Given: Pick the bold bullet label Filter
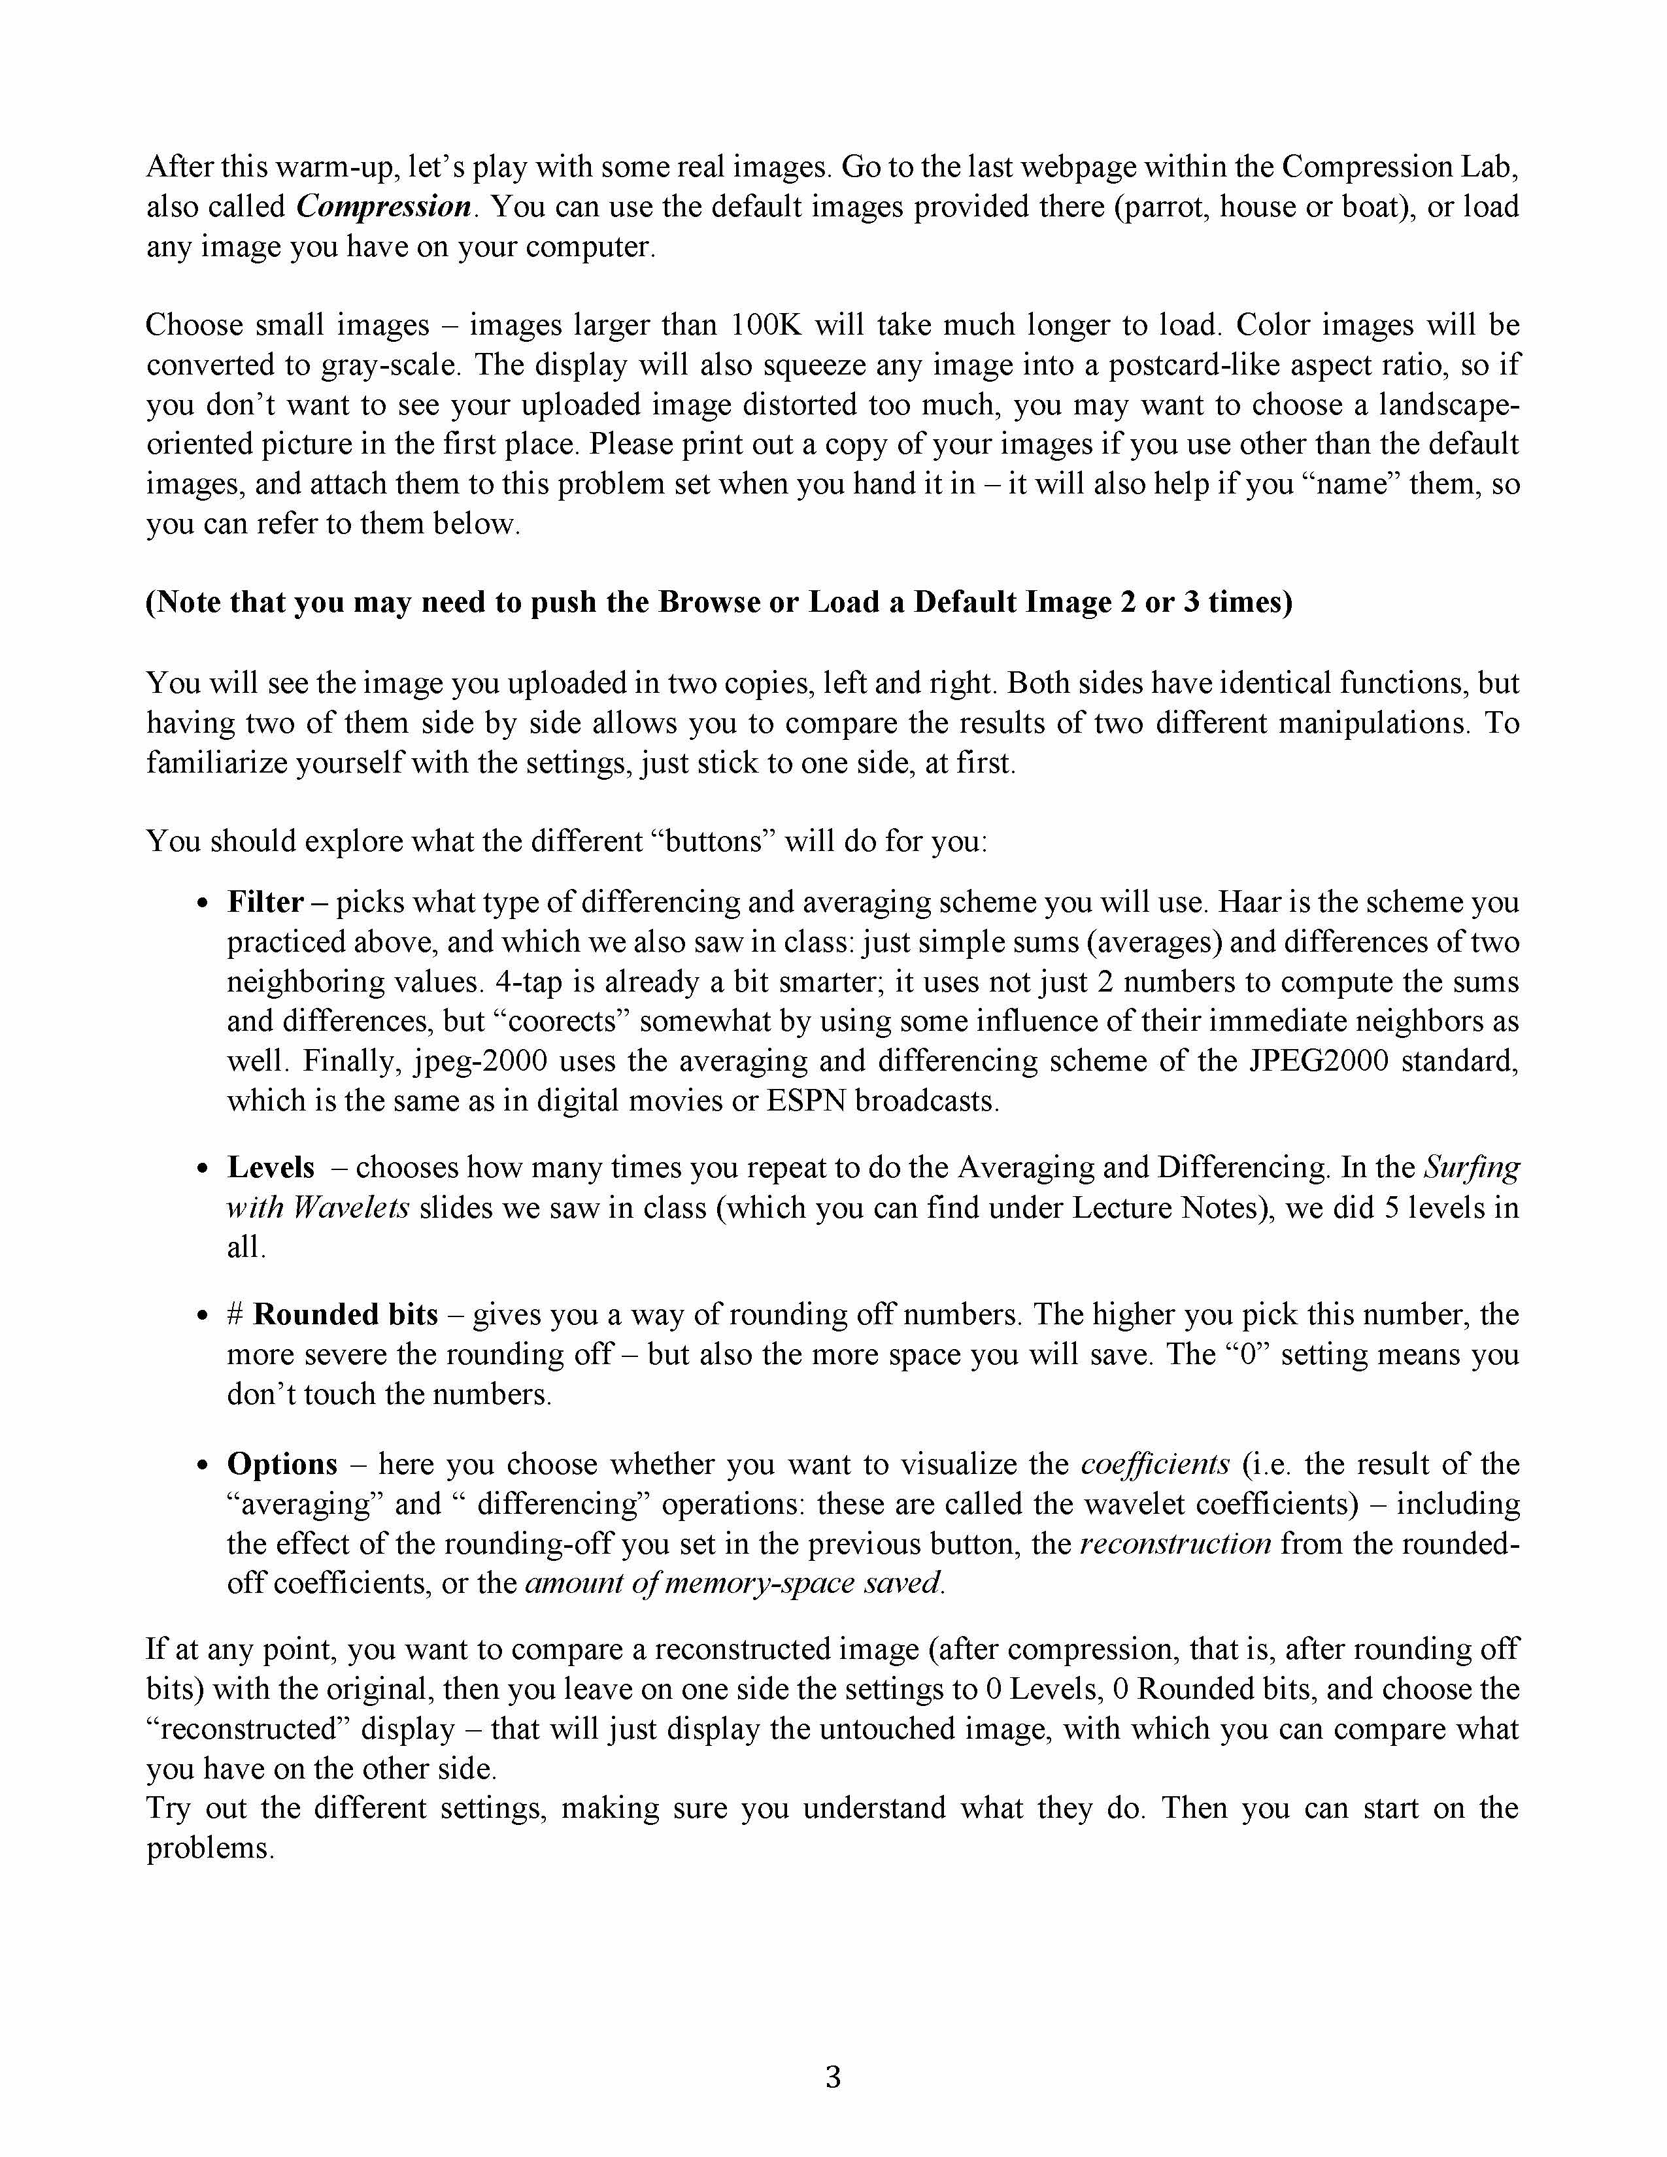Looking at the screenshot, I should (x=265, y=902).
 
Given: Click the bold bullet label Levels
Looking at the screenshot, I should (x=271, y=1167).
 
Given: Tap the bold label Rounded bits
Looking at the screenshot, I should (x=346, y=1314).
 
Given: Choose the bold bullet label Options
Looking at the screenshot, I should (x=282, y=1463).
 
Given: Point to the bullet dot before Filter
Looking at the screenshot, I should (x=203, y=904).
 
